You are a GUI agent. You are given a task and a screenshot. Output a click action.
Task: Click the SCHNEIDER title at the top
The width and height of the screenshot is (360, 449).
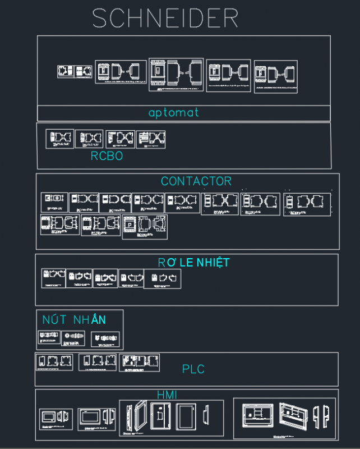pos(165,19)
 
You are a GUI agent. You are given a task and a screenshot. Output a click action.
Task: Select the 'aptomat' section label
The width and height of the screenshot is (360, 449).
pos(173,113)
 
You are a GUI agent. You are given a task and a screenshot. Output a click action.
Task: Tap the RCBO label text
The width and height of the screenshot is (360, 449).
pos(107,156)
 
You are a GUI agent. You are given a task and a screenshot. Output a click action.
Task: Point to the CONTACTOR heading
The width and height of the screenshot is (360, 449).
pos(196,181)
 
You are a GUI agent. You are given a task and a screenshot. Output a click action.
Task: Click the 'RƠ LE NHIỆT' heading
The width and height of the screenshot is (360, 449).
pos(193,262)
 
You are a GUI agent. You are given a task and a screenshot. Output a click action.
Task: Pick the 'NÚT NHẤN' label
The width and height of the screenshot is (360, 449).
pos(74,319)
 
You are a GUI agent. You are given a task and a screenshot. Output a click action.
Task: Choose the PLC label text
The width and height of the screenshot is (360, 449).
pos(193,369)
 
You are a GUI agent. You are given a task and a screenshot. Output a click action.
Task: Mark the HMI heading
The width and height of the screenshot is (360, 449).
pos(167,395)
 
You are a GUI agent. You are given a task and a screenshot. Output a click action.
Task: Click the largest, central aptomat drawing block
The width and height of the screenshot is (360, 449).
pos(176,74)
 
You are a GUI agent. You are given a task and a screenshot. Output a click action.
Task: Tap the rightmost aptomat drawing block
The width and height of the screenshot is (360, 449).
pos(275,76)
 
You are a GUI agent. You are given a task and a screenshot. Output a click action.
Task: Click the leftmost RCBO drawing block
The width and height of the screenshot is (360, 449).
pos(60,139)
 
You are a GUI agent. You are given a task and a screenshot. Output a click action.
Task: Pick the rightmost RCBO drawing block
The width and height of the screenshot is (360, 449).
pos(151,139)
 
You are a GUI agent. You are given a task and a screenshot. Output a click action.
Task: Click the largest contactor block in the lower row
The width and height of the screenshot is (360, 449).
pos(145,226)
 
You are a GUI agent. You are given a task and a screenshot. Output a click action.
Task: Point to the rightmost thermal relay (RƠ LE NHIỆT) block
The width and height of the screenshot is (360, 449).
pos(163,279)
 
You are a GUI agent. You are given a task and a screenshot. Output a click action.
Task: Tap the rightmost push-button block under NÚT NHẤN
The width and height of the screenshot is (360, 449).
pos(105,339)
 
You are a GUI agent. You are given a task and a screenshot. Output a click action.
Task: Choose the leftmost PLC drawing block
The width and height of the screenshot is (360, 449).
pos(54,362)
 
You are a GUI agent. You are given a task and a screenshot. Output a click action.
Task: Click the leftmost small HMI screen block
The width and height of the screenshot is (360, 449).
pos(56,419)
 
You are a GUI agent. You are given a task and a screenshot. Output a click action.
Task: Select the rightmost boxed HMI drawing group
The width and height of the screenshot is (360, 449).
pos(284,418)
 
